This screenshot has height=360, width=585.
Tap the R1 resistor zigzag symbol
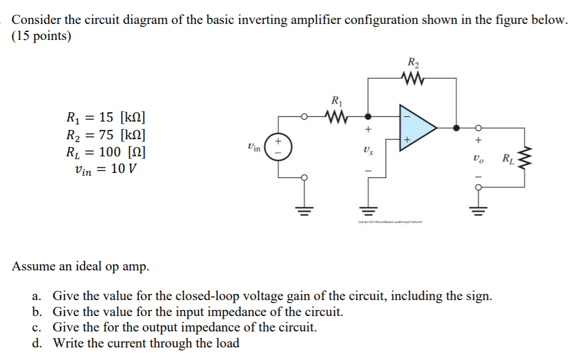(x=336, y=118)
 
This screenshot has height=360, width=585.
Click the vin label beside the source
(x=255, y=148)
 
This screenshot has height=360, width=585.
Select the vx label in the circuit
(x=367, y=151)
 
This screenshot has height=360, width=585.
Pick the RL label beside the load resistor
(x=507, y=159)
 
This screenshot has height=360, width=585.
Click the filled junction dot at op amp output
(x=456, y=128)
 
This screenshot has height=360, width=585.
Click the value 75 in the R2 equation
(x=106, y=135)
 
